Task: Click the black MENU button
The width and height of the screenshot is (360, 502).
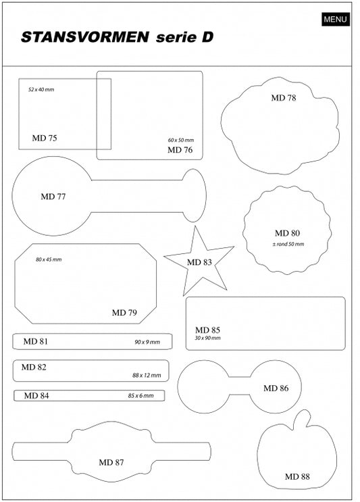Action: [336, 19]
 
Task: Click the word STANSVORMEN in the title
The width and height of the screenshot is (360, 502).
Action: [85, 37]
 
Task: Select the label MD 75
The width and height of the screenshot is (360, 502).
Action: [45, 138]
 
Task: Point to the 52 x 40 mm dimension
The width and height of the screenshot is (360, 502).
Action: [41, 90]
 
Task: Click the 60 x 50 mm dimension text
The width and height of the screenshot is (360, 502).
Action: [181, 140]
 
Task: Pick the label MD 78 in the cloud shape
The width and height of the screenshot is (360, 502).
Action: [284, 98]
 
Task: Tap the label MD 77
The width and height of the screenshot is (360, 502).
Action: [53, 196]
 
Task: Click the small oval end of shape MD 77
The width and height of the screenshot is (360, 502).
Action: [195, 196]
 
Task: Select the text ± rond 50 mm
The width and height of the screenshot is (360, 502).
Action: [288, 245]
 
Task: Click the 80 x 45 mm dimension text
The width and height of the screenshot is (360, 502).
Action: [49, 259]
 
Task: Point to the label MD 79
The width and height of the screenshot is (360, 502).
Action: [124, 312]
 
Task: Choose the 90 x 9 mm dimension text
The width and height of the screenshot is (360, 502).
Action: [147, 342]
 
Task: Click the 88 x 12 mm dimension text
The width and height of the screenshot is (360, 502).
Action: [147, 375]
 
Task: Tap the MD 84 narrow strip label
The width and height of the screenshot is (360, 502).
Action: [36, 396]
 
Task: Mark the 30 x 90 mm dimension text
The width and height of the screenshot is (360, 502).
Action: [207, 338]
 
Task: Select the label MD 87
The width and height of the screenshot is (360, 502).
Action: [111, 462]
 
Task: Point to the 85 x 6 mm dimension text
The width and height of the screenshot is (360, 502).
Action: [140, 396]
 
